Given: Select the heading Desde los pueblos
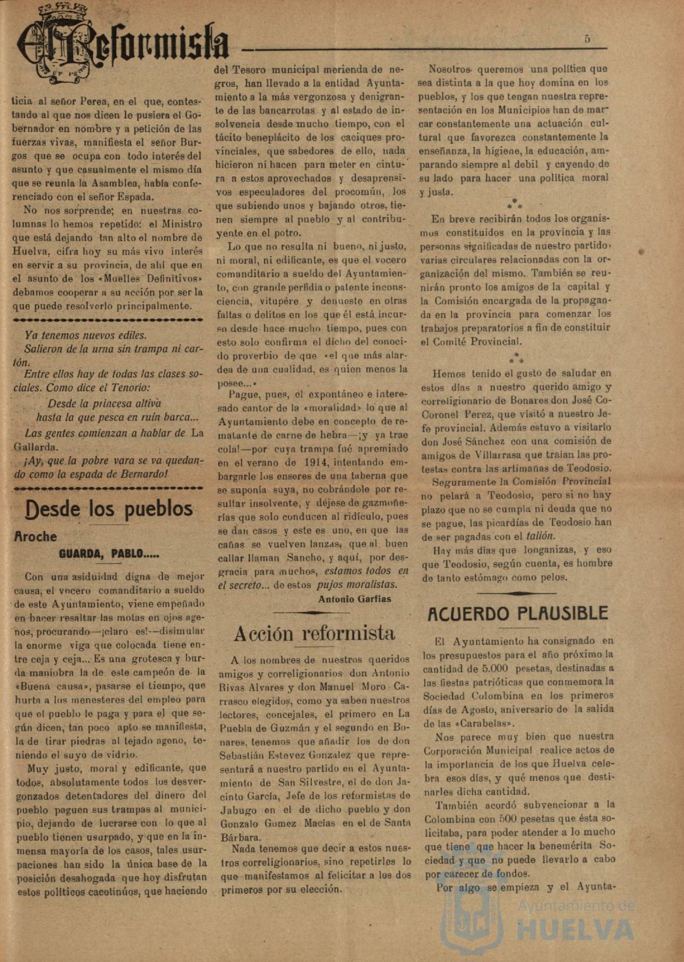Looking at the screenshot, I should [x=109, y=509].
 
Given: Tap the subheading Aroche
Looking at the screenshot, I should [x=35, y=537].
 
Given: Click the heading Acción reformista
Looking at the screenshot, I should [x=314, y=633].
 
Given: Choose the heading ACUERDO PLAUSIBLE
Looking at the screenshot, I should [x=518, y=614].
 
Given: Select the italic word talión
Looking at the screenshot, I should [x=541, y=536].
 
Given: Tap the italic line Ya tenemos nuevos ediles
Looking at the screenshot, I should [x=85, y=335].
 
